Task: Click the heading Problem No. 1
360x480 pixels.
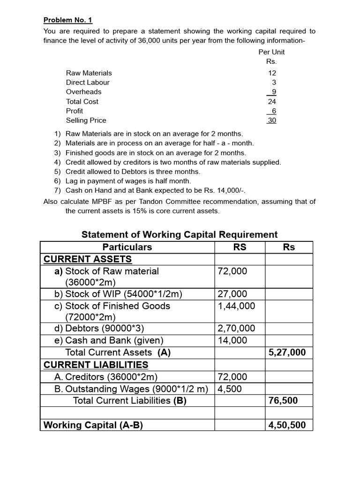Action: (x=68, y=20)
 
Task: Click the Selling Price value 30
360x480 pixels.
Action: (x=272, y=120)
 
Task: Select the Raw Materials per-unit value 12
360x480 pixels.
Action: (x=272, y=73)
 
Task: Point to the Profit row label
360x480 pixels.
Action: (x=75, y=111)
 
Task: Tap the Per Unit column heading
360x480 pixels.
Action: (x=271, y=52)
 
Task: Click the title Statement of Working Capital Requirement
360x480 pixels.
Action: (x=180, y=234)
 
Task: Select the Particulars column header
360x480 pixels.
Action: (x=127, y=247)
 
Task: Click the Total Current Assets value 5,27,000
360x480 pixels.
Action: (x=287, y=352)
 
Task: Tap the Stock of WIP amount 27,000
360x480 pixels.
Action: (x=232, y=294)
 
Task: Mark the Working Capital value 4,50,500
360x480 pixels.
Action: (x=287, y=425)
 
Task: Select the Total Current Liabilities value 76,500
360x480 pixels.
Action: (x=283, y=401)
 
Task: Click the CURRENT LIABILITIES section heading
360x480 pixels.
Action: (x=96, y=365)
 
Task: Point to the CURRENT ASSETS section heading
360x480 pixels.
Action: (x=88, y=259)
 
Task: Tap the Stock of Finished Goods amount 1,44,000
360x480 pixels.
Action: (x=237, y=306)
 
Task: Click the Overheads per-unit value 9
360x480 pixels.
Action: (x=274, y=92)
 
